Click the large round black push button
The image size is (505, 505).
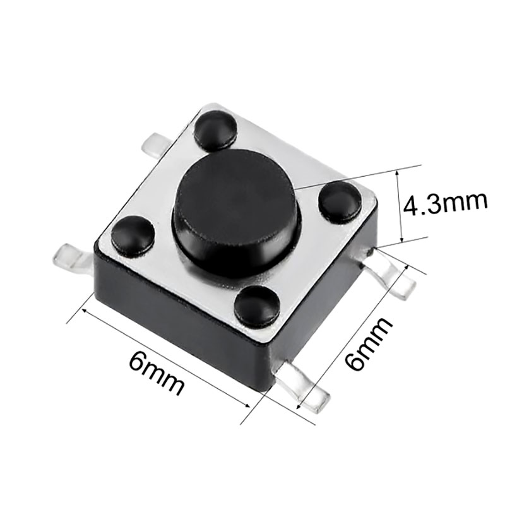pyautogui.click(x=237, y=213)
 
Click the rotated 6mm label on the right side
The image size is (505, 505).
pyautogui.click(x=368, y=343)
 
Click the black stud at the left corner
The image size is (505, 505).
pyautogui.click(x=133, y=234)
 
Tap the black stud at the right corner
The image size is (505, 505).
pyautogui.click(x=340, y=202)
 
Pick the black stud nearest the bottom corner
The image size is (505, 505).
pyautogui.click(x=258, y=306)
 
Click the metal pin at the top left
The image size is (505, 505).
pyautogui.click(x=157, y=146)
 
